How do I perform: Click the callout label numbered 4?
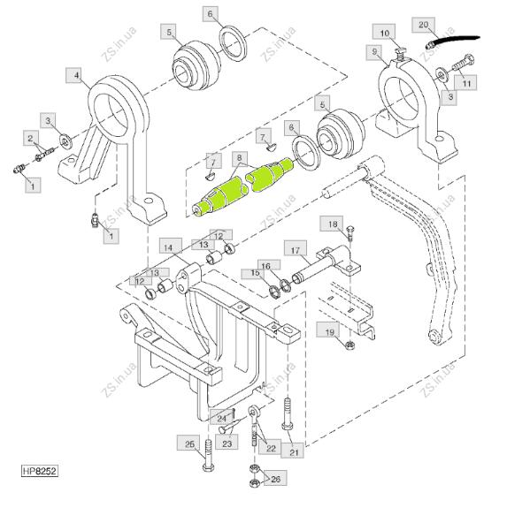(x=73, y=76)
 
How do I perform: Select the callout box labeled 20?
(x=423, y=25)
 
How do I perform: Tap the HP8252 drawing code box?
(x=40, y=470)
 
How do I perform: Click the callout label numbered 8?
(x=240, y=158)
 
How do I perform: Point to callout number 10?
(x=383, y=34)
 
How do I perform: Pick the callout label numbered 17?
(x=296, y=250)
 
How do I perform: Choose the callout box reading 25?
(x=189, y=444)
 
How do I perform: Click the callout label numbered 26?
(x=275, y=478)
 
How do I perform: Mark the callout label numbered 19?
(x=328, y=332)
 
